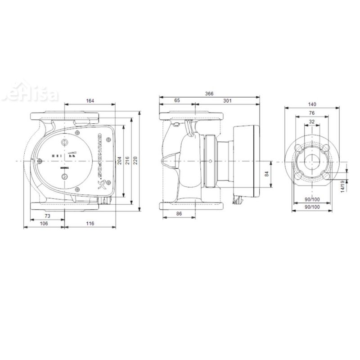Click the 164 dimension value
click(90, 101)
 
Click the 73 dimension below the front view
click(47, 216)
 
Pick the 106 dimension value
click(44, 224)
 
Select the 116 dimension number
click(90, 224)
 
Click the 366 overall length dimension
click(208, 94)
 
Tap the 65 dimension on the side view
click(177, 101)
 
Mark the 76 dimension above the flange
click(312, 112)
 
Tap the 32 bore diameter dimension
click(312, 121)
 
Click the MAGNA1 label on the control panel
click(63, 167)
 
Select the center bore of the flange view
click(312, 161)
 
